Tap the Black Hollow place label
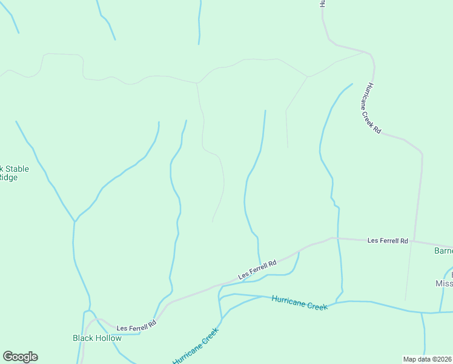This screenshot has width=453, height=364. point(97,338)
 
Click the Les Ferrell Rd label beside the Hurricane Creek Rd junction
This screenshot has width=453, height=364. point(388,241)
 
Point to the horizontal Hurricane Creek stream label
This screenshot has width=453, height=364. point(299,302)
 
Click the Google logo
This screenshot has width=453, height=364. point(20,357)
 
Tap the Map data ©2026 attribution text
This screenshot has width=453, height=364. point(428,359)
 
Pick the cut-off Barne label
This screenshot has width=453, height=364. point(443,251)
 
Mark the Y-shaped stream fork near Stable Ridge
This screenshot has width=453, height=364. point(74,221)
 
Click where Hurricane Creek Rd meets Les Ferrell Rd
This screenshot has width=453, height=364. point(414,240)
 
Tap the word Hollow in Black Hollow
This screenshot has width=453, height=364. point(109,338)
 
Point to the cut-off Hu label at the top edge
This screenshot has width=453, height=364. point(323,4)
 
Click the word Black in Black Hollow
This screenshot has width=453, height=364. point(84,338)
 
